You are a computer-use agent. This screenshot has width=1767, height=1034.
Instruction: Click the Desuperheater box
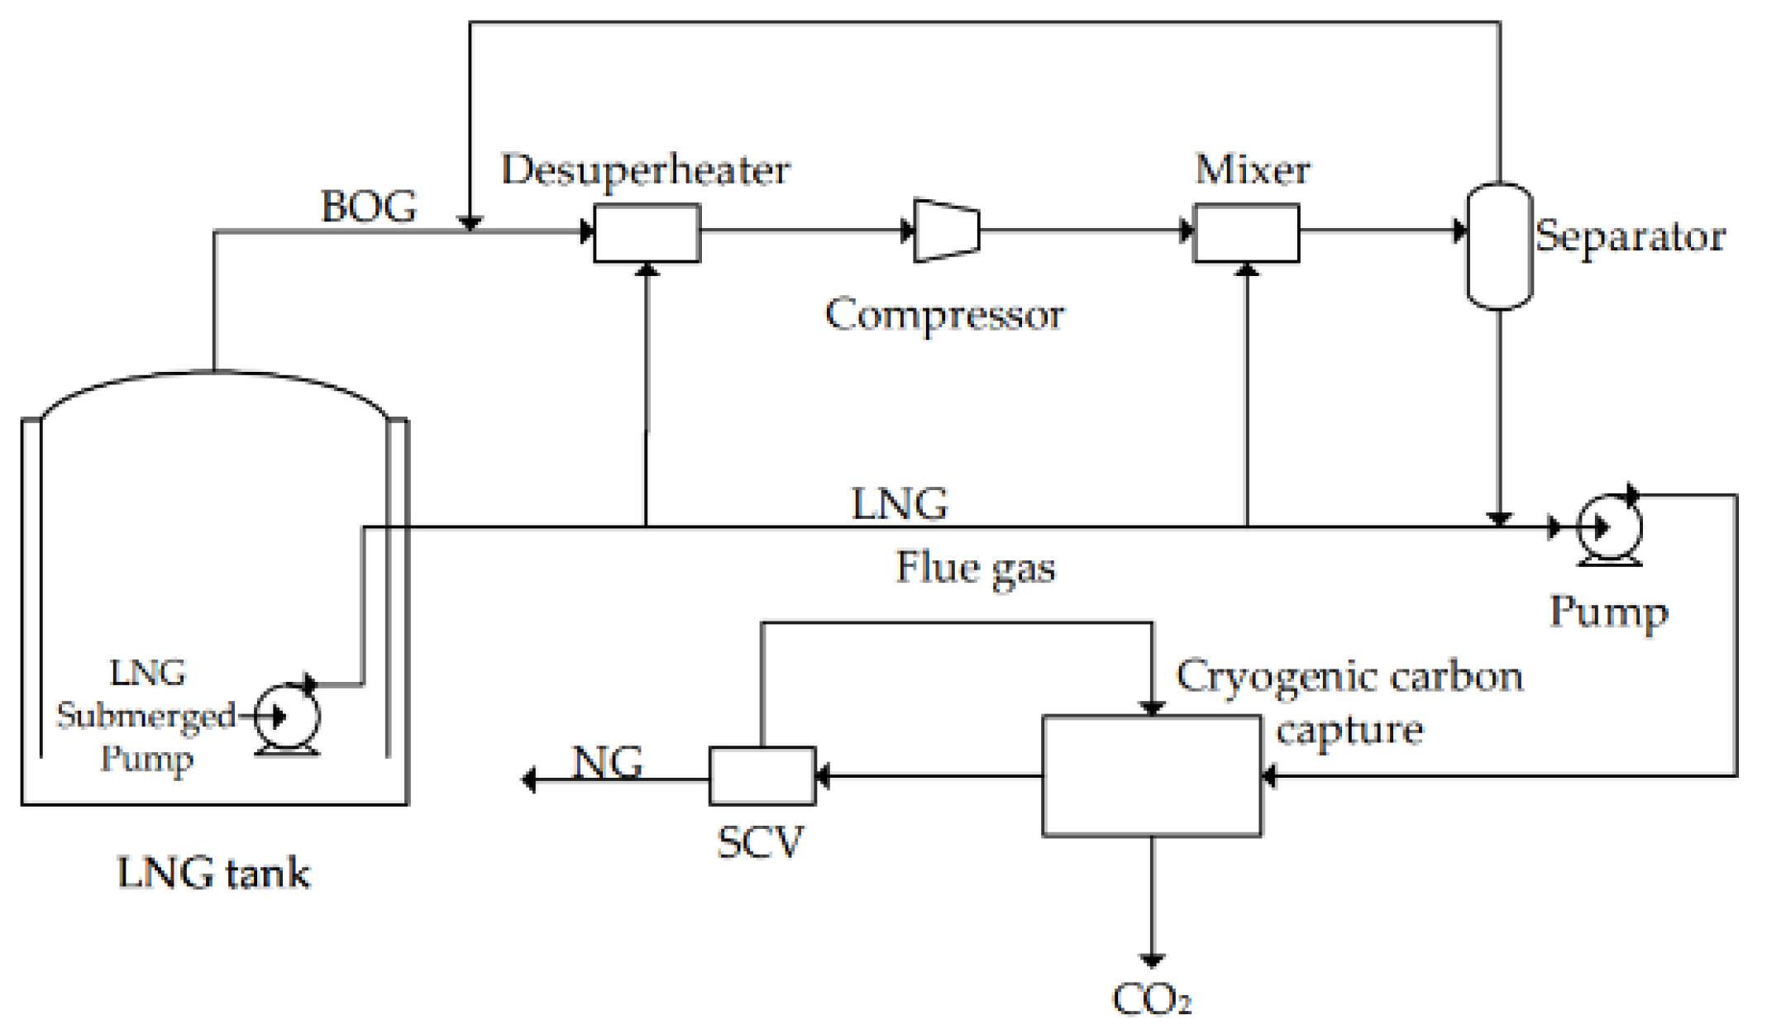(647, 233)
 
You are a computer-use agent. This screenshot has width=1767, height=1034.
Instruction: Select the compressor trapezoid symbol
(947, 231)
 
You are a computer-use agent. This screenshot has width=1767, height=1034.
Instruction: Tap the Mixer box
(1246, 233)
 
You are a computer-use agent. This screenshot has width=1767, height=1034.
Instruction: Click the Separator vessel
(1499, 245)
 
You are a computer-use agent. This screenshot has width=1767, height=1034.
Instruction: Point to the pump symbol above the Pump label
(1608, 527)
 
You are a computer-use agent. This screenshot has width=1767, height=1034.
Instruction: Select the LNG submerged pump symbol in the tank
(286, 716)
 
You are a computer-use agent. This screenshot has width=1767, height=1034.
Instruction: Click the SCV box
(762, 775)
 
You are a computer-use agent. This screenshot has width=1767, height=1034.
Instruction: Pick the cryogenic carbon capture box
(1151, 775)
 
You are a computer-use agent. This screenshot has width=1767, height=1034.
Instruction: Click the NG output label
(608, 762)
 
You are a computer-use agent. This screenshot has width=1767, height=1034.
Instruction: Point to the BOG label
(369, 207)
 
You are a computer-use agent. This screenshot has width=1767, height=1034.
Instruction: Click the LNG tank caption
(213, 874)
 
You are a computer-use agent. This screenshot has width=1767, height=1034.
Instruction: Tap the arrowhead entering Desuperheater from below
(647, 269)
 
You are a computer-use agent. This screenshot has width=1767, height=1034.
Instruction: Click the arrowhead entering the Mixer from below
(1247, 269)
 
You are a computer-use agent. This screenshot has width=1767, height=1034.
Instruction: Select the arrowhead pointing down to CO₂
(1151, 960)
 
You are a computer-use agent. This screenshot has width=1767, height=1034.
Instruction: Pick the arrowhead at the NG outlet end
(529, 779)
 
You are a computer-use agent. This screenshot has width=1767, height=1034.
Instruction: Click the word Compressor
(944, 315)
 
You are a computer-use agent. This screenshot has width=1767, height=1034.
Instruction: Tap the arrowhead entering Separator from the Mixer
(1459, 231)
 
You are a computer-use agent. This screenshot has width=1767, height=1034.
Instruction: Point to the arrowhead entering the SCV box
(823, 776)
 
